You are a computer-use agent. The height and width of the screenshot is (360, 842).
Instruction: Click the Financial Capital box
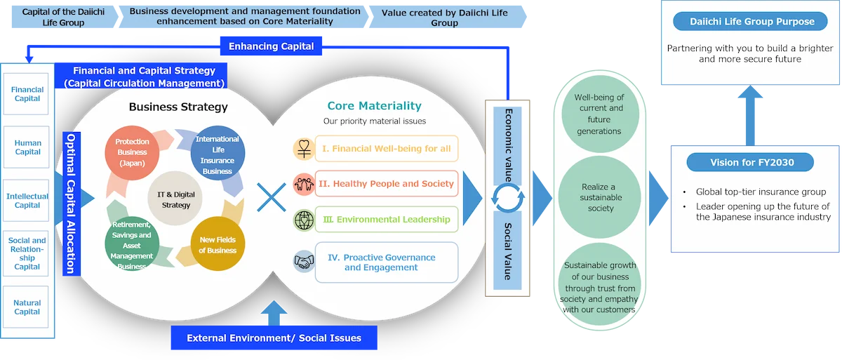click(x=27, y=94)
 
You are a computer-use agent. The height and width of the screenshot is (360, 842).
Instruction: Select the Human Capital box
click(x=27, y=147)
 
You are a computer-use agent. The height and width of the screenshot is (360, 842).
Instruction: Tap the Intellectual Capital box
click(x=27, y=201)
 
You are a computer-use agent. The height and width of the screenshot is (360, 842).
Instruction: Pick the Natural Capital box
click(x=27, y=307)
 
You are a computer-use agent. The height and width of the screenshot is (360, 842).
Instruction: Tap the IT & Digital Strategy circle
click(x=176, y=200)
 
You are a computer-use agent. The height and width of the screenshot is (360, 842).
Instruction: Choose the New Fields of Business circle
click(x=218, y=245)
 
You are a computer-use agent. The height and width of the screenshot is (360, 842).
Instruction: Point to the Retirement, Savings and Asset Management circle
click(x=132, y=245)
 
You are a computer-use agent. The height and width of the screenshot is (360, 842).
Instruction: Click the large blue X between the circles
click(x=272, y=198)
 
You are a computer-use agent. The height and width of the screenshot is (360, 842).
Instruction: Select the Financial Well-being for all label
click(x=387, y=149)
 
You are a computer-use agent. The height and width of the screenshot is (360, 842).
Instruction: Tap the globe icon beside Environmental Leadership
click(x=303, y=220)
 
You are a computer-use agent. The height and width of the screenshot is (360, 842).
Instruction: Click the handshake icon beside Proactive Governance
click(x=303, y=262)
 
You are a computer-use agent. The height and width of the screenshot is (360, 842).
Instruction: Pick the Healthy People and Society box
click(x=387, y=184)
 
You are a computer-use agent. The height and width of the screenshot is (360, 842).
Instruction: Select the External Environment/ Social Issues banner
click(x=274, y=338)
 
